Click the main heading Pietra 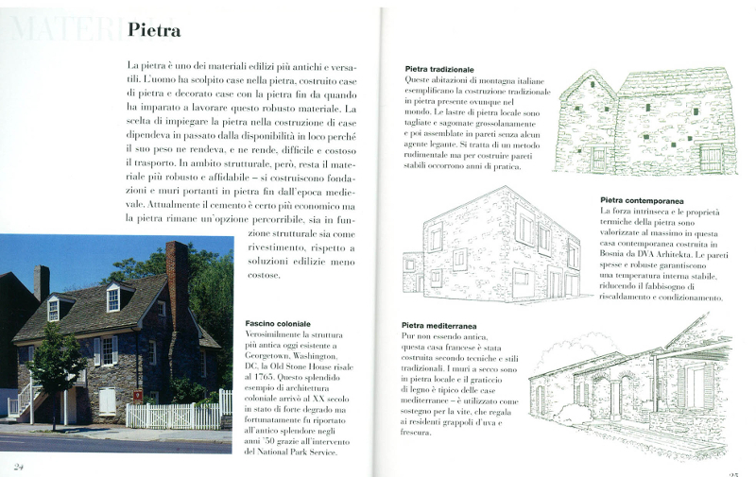tap(153, 31)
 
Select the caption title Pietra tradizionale tap(438, 70)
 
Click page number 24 tap(19, 466)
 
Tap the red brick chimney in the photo tap(177, 283)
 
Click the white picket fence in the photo tap(175, 416)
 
